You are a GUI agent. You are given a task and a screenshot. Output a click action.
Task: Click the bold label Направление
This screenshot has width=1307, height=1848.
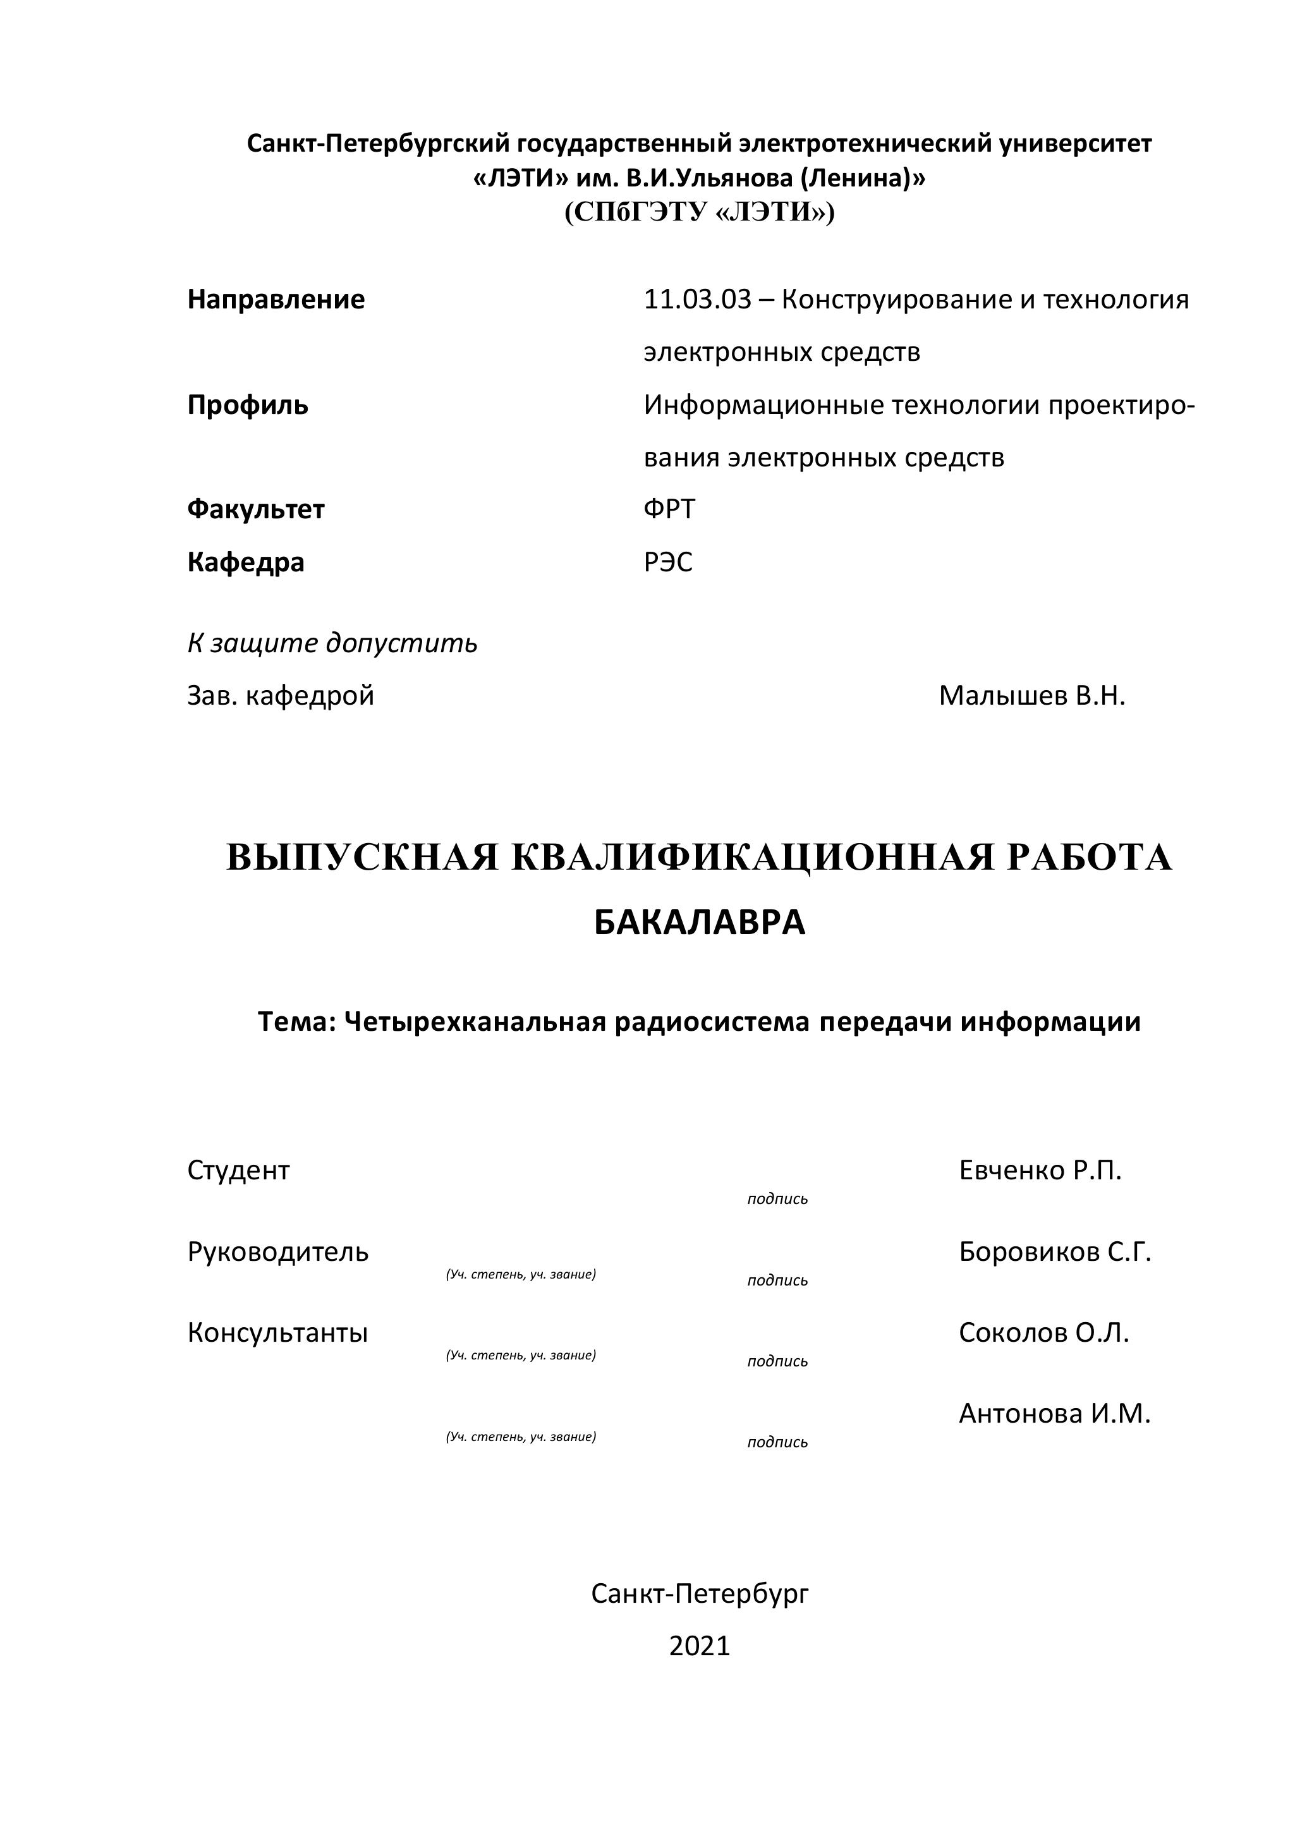[x=276, y=300]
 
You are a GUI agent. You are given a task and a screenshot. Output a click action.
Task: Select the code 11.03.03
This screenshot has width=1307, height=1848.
[x=697, y=300]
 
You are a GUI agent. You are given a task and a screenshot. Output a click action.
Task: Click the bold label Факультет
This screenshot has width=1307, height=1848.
[x=256, y=509]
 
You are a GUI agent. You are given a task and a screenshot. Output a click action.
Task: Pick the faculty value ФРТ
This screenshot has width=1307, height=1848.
[x=669, y=509]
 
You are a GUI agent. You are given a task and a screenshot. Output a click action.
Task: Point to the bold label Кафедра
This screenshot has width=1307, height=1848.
[x=246, y=562]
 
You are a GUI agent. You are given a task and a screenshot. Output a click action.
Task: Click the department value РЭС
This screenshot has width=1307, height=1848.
[x=668, y=562]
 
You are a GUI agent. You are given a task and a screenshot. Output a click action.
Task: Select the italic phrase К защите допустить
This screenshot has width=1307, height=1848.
[x=332, y=643]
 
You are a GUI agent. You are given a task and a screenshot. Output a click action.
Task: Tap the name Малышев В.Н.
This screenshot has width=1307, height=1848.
[x=1031, y=695]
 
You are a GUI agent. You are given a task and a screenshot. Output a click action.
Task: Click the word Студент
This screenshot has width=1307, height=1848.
[x=238, y=1170]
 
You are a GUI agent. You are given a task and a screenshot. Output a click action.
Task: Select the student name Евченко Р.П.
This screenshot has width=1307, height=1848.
[x=1040, y=1170]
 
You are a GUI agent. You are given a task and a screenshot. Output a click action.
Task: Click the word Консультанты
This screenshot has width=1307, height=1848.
[x=277, y=1333]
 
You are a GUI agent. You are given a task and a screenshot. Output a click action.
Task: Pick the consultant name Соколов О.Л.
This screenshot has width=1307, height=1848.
[x=1044, y=1333]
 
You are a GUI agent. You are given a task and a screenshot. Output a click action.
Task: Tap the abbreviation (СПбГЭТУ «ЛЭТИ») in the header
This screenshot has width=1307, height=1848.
[x=700, y=212]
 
